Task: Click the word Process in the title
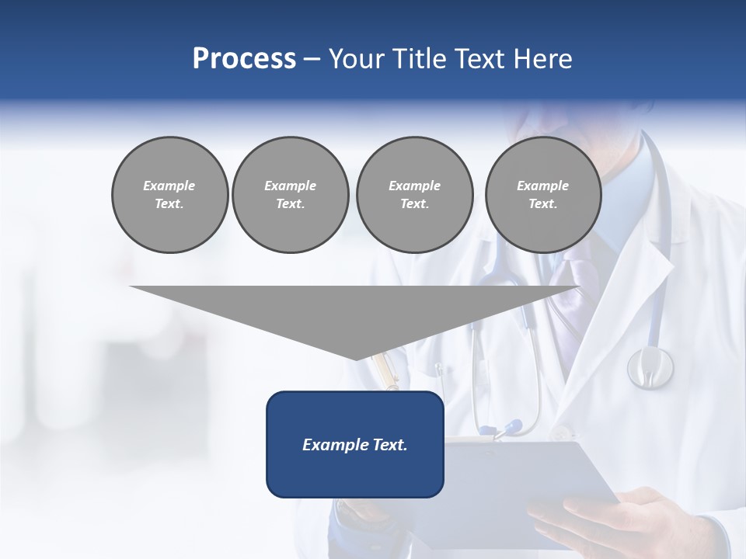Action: [x=244, y=59]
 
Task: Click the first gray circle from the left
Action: [x=169, y=195]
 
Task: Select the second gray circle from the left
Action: [x=290, y=195]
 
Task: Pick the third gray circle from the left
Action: [x=414, y=195]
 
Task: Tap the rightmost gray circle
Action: [x=542, y=195]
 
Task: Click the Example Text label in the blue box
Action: [x=355, y=445]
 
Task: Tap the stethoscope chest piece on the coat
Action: [x=650, y=366]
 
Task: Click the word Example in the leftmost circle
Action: [x=169, y=186]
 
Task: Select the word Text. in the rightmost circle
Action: [x=542, y=204]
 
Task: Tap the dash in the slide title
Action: [x=312, y=59]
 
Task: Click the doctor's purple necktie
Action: [x=564, y=291]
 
